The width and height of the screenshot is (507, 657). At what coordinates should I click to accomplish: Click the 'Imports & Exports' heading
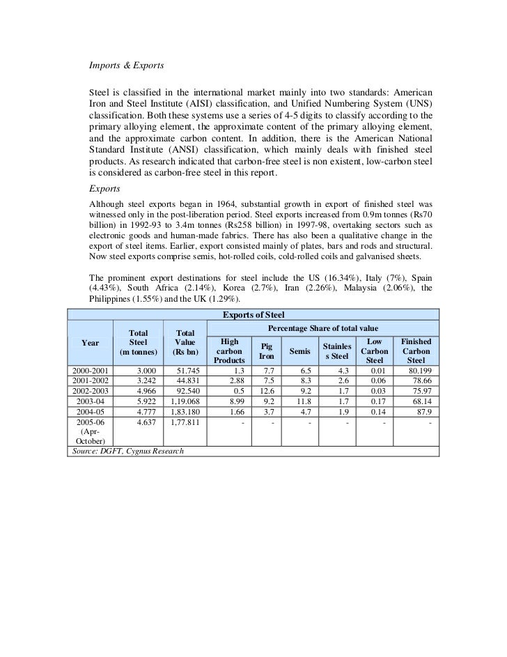(125, 67)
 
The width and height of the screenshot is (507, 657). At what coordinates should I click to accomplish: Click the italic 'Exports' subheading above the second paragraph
(104, 188)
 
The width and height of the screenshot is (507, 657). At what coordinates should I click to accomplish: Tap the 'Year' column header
(90, 342)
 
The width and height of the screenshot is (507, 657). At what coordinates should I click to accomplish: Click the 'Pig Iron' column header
(267, 350)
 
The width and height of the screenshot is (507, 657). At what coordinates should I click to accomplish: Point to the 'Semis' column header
(300, 351)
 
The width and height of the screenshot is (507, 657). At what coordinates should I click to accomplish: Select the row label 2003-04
(89, 402)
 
